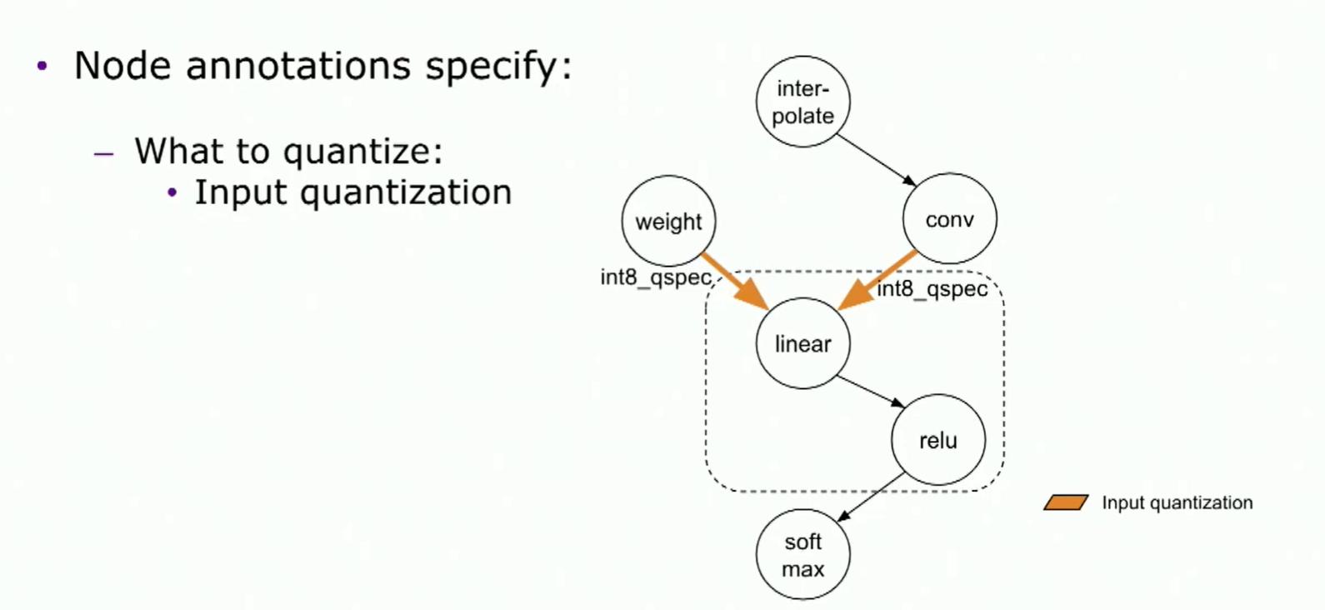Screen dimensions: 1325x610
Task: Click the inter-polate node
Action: click(803, 102)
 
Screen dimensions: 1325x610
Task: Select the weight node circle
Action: click(669, 221)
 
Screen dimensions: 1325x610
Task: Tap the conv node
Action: click(950, 219)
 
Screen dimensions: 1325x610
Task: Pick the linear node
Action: click(803, 343)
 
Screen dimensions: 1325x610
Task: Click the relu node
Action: click(938, 440)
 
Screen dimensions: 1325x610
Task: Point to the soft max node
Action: click(803, 555)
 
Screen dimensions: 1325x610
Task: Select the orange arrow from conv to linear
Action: click(877, 281)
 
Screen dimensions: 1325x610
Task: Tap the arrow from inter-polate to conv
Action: click(877, 160)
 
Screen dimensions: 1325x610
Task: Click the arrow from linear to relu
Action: click(871, 392)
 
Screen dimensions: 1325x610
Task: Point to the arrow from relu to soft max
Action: click(872, 497)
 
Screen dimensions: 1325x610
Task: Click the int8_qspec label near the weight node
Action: click(656, 278)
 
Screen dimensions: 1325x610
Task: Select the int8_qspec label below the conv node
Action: click(932, 290)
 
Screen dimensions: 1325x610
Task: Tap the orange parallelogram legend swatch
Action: click(1066, 502)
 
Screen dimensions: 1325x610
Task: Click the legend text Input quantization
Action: click(1177, 502)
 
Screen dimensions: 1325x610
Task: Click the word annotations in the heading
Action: click(298, 65)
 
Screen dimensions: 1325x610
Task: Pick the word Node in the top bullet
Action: click(122, 65)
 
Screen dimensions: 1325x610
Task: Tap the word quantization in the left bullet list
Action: click(407, 192)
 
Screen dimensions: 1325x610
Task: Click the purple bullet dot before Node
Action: click(42, 66)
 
